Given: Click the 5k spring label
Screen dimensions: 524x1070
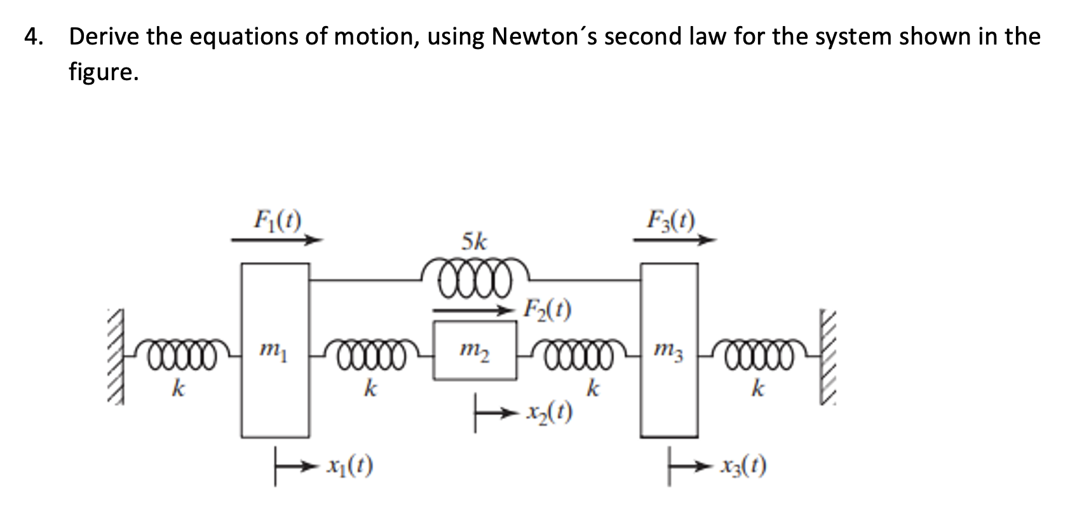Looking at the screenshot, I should pos(475,242).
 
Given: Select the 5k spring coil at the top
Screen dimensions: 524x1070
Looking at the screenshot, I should pos(475,279).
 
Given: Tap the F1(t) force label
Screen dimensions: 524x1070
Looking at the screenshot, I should pos(277,221).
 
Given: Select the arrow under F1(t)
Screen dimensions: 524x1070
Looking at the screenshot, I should pos(277,240).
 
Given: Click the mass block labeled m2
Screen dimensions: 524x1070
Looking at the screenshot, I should pos(475,350).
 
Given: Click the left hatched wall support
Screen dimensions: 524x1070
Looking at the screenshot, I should pos(114,356).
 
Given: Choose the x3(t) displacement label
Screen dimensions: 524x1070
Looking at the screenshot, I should pos(743,467).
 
